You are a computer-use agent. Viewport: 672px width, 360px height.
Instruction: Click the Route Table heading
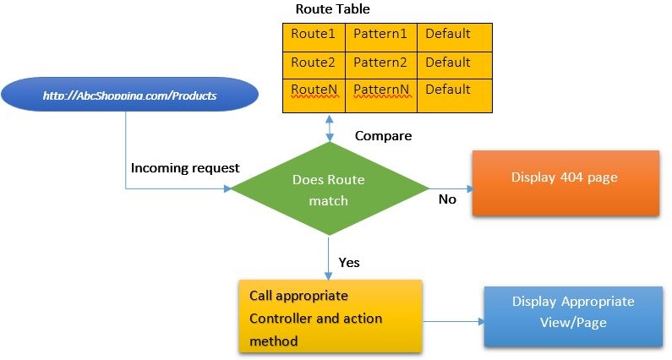coord(332,9)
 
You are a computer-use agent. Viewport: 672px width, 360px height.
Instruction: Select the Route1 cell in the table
coord(313,35)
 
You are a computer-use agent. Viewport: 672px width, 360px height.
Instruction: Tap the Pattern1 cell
coord(380,35)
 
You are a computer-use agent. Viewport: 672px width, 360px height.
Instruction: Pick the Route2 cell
coord(313,63)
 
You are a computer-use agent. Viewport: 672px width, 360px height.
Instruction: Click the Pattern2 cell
coord(380,63)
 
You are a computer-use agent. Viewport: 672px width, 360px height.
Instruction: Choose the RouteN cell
coord(313,90)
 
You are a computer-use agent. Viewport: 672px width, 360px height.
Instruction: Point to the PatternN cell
coord(380,90)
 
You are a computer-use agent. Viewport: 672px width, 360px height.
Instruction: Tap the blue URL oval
coord(129,96)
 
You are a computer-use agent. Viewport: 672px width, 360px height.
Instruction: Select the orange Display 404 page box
coord(565,183)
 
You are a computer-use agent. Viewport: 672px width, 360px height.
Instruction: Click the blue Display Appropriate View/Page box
coord(572,314)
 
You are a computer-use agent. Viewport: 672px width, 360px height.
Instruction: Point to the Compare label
coord(382,135)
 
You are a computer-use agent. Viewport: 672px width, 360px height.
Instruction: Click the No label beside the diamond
coord(447,199)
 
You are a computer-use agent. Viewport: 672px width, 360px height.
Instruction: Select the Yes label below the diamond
coord(348,262)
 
